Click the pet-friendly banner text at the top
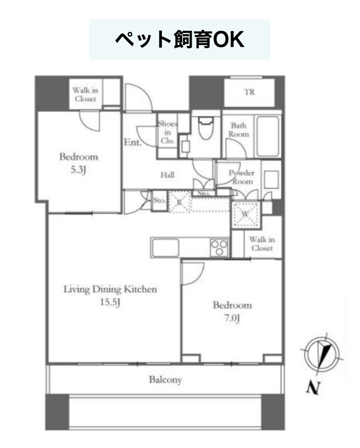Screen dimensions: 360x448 [179, 39]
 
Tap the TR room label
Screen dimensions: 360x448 [249, 92]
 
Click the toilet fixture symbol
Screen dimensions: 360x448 [205, 127]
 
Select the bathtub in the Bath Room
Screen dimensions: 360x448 [268, 136]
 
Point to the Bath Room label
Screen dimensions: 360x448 [238, 130]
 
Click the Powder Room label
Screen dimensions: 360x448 [242, 177]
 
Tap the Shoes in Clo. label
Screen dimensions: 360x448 [167, 132]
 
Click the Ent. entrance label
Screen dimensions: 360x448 [133, 142]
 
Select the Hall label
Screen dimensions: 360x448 [167, 175]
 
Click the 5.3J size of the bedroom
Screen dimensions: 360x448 [78, 170]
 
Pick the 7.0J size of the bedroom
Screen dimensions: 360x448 [232, 318]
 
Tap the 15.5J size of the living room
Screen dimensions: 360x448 [110, 302]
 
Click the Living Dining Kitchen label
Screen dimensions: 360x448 [110, 289]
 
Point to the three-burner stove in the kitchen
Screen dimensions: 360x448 [219, 247]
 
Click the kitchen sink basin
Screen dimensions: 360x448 [166, 248]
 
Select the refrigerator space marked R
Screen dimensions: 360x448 [179, 202]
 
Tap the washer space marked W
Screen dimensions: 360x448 [245, 214]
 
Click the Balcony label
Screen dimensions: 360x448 [166, 380]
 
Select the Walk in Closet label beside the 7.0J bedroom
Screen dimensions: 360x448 [262, 244]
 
